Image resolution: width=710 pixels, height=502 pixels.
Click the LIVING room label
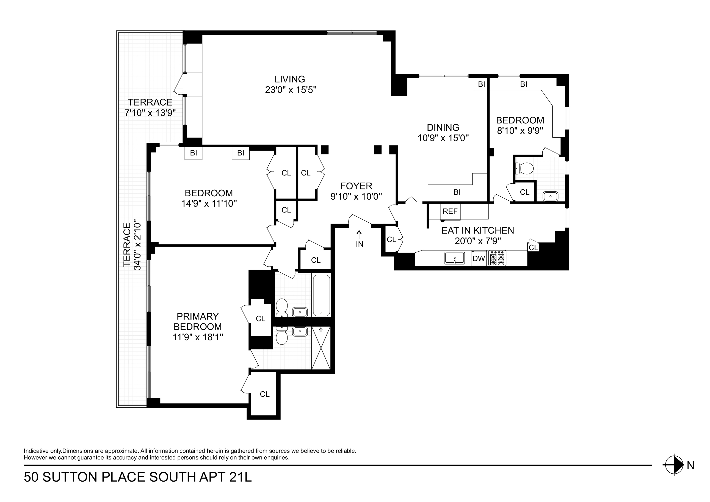point(290,79)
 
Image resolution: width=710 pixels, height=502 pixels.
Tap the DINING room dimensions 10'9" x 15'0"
point(443,138)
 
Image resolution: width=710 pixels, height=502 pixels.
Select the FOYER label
point(356,186)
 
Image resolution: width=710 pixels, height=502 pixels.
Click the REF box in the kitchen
point(450,211)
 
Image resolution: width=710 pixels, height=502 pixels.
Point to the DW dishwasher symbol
point(479,258)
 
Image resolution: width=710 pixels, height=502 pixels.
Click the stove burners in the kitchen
point(497,258)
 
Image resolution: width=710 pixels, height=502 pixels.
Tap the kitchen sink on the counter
point(455,258)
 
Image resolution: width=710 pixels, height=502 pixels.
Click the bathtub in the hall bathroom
point(322,295)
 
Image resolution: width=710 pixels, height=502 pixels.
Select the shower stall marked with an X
point(321,348)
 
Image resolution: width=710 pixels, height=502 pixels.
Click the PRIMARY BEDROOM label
point(198,321)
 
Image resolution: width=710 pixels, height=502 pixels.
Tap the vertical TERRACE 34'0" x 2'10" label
point(132,245)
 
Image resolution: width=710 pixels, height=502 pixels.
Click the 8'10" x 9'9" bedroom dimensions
point(520,131)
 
